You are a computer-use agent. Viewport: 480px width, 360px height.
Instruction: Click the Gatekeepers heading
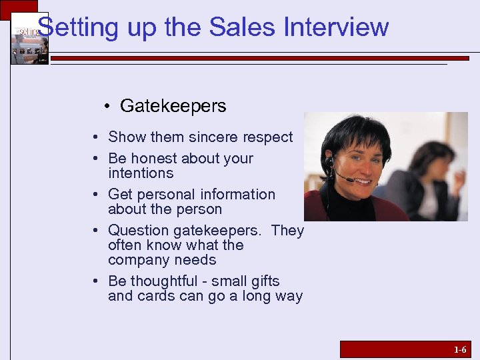click(x=173, y=106)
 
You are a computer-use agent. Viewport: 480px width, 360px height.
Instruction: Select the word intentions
click(x=141, y=173)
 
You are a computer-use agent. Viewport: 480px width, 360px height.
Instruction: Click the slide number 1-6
click(x=460, y=349)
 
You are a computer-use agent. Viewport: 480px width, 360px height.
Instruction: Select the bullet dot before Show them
click(x=97, y=137)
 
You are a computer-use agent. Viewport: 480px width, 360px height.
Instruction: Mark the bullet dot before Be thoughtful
click(x=97, y=281)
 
